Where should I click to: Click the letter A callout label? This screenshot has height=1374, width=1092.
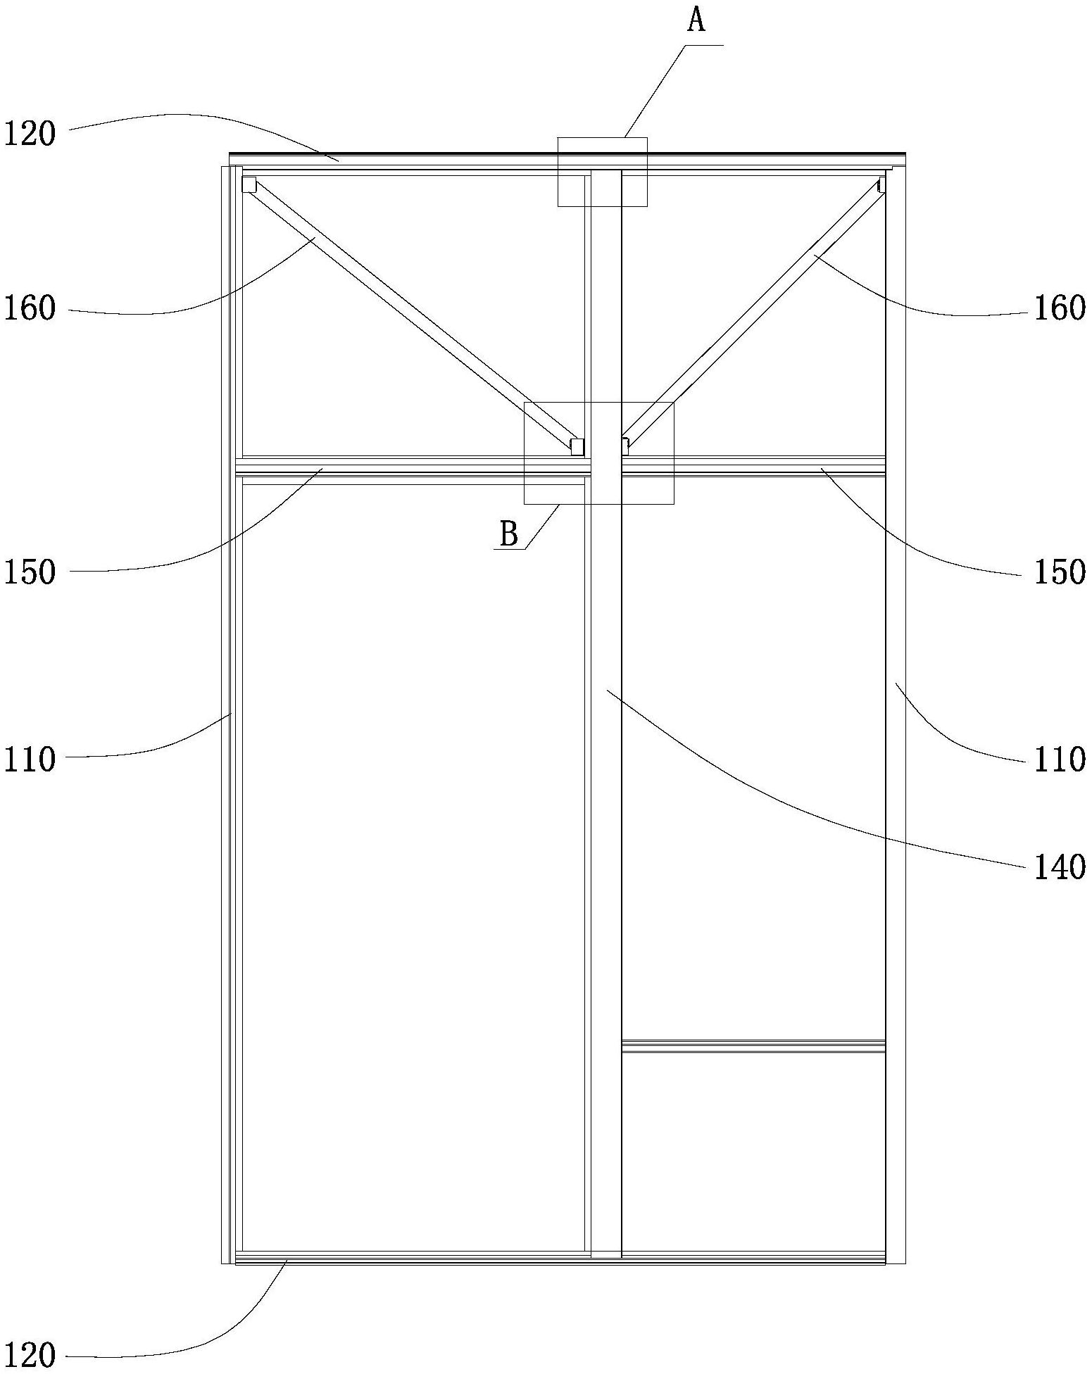pyautogui.click(x=696, y=21)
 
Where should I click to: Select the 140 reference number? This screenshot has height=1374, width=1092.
pyautogui.click(x=1059, y=867)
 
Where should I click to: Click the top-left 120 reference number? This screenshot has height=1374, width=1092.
pyautogui.click(x=30, y=134)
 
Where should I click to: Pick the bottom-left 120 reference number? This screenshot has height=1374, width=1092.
pyautogui.click(x=30, y=1355)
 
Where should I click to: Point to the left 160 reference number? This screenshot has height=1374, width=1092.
pyautogui.click(x=30, y=308)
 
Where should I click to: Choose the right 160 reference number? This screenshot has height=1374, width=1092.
pyautogui.click(x=1059, y=308)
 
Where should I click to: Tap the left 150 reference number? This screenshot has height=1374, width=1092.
pyautogui.click(x=30, y=572)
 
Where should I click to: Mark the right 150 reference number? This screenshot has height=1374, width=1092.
pyautogui.click(x=1059, y=572)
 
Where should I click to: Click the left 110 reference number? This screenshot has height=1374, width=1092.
pyautogui.click(x=30, y=760)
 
